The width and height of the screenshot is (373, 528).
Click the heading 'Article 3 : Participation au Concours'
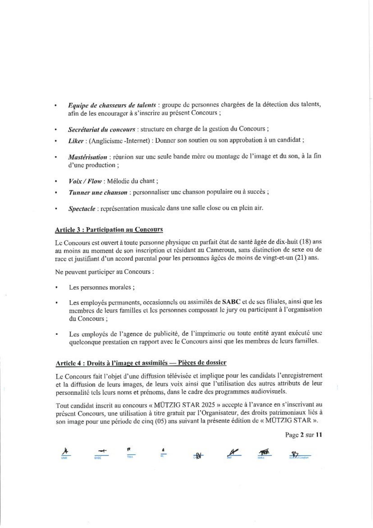click(x=109, y=230)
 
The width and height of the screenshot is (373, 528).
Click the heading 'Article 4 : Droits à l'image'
click(x=141, y=363)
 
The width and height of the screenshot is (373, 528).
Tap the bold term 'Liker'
click(x=75, y=141)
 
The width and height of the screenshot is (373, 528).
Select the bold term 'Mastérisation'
click(x=87, y=157)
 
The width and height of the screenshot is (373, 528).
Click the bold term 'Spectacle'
click(x=82, y=208)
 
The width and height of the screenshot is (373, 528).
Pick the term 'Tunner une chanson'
click(x=98, y=192)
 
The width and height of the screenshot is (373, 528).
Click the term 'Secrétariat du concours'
click(x=101, y=129)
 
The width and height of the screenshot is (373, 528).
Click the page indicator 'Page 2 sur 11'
click(x=304, y=435)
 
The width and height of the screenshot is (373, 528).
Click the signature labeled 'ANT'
click(x=234, y=452)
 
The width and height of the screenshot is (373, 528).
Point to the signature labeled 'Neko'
click(x=264, y=452)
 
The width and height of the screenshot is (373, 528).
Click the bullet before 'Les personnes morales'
click(x=57, y=287)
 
